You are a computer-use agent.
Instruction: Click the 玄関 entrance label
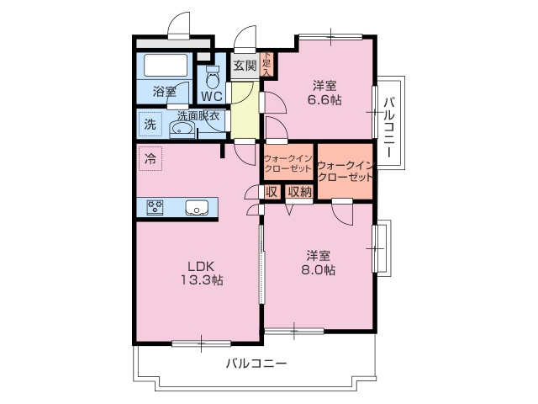(245, 65)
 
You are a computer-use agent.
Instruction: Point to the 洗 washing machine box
(150, 124)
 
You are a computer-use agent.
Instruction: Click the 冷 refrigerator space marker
(150, 157)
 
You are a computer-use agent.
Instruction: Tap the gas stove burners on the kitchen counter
(156, 207)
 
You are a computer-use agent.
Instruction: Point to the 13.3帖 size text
(199, 280)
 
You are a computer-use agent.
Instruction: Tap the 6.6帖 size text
(325, 99)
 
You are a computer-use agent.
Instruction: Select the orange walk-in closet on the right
(345, 172)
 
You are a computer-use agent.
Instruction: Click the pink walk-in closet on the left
(288, 163)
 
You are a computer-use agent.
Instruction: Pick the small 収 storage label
(271, 192)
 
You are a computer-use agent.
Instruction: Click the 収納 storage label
(299, 192)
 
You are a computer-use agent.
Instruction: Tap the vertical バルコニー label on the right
(389, 123)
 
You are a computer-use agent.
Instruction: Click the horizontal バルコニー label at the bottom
(256, 364)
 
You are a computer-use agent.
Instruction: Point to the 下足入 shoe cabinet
(266, 63)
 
